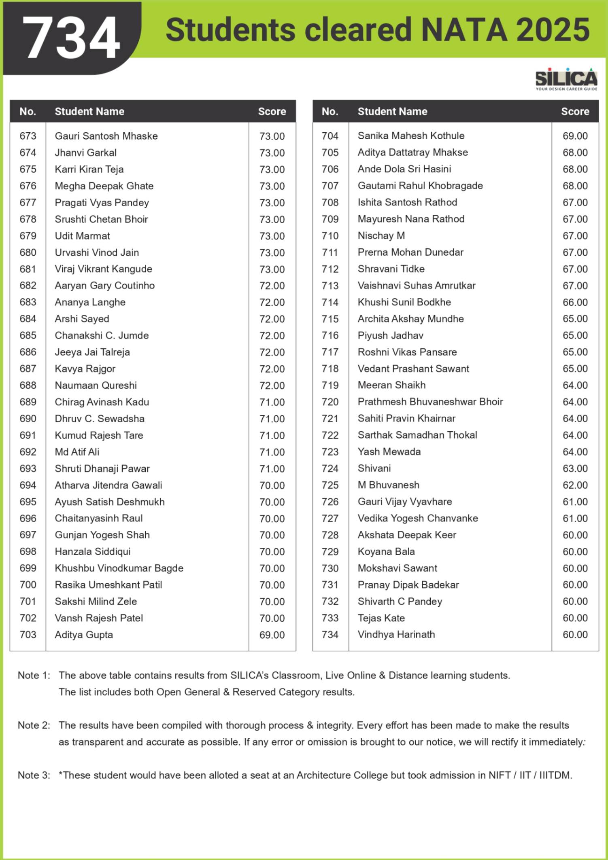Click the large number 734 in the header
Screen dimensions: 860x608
point(72,38)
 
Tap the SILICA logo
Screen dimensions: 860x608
point(566,78)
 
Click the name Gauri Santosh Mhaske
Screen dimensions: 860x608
point(106,136)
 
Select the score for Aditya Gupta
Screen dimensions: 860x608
point(272,635)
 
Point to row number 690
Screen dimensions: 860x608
point(28,419)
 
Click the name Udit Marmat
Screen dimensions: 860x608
point(82,236)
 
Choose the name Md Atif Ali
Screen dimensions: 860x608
point(77,452)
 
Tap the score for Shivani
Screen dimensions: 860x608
point(575,468)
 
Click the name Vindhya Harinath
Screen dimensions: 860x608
point(396,634)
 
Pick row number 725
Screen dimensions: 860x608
point(330,485)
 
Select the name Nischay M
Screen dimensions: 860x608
point(381,235)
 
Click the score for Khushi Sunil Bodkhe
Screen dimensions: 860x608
point(575,302)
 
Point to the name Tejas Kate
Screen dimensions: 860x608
point(381,618)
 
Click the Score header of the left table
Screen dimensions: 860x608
point(272,111)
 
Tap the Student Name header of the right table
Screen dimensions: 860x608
point(392,111)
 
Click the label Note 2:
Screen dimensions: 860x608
point(34,725)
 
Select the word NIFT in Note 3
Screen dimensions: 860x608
point(500,775)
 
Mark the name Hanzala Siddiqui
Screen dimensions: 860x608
point(93,551)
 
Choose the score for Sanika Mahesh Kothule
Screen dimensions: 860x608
point(575,136)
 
